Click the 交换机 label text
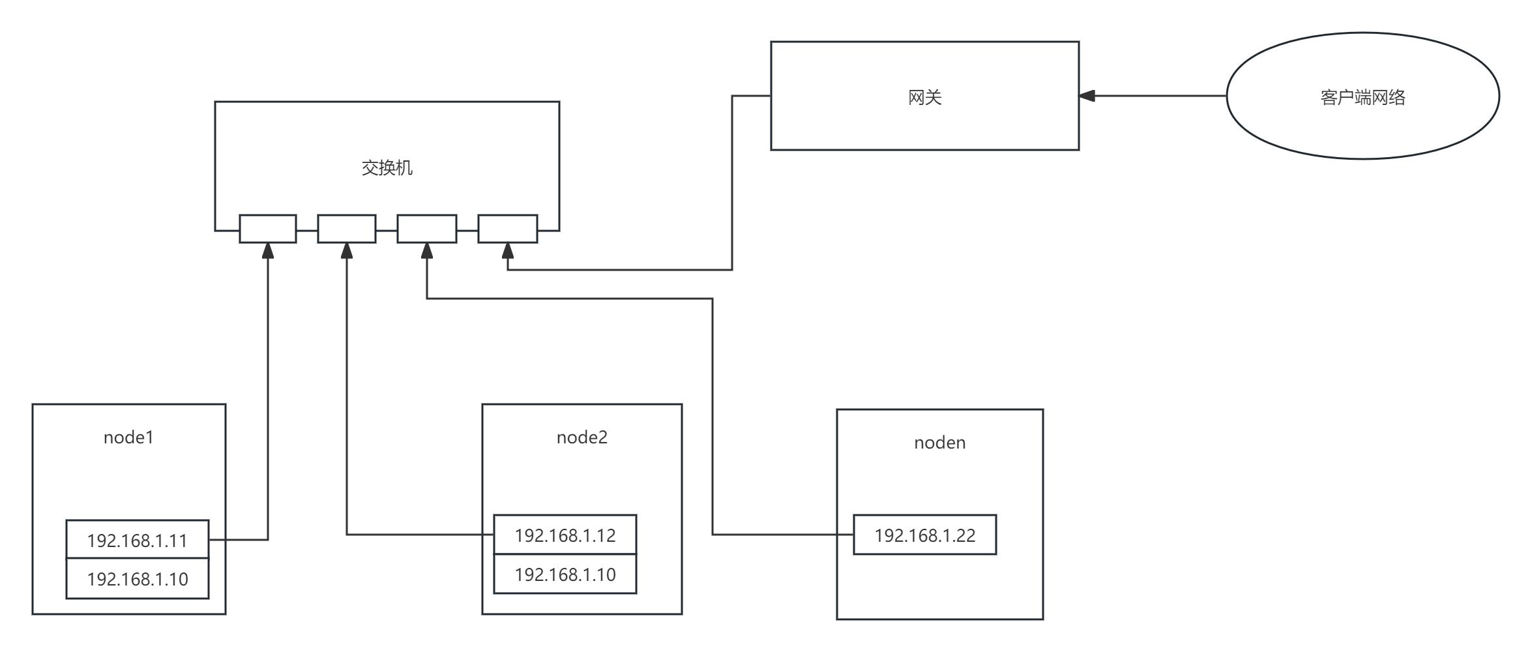coord(387,168)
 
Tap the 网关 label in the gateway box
coord(924,98)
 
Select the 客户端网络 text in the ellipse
coord(1363,98)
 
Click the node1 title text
coord(128,437)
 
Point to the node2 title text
coord(582,437)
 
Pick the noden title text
coord(939,443)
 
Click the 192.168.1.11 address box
coord(138,540)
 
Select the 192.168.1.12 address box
coord(565,535)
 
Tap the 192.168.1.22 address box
coord(924,535)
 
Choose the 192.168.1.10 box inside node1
coord(138,579)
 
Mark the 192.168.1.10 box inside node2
coord(565,574)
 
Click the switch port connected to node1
coord(268,229)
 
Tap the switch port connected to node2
coord(347,229)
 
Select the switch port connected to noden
coord(427,229)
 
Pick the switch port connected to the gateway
coord(508,229)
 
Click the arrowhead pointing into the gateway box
coord(1087,96)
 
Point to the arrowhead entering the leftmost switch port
coord(268,251)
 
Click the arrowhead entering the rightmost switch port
coord(508,251)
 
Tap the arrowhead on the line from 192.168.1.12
coord(347,251)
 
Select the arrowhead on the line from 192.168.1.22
coord(427,251)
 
